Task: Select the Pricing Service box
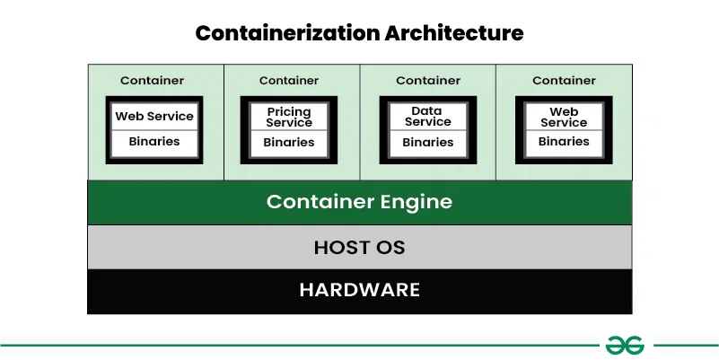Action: pos(289,117)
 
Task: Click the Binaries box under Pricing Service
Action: pos(289,142)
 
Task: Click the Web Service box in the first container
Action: pos(153,116)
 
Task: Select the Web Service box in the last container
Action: pos(564,117)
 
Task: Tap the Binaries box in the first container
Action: pos(153,141)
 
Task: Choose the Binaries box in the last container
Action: pos(564,141)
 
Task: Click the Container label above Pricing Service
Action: pos(289,81)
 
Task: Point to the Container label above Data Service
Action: pos(428,81)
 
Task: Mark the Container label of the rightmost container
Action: pos(564,81)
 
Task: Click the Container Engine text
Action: pos(359,202)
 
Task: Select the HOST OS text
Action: pos(359,247)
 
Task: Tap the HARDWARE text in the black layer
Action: pos(359,290)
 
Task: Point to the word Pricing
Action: pos(289,111)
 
